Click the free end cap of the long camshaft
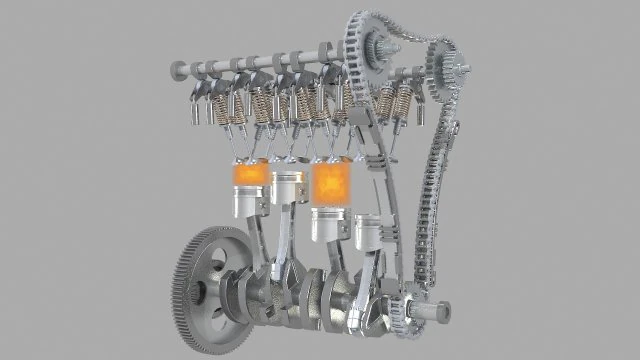tap(177, 69)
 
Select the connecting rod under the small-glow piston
tap(262, 245)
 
